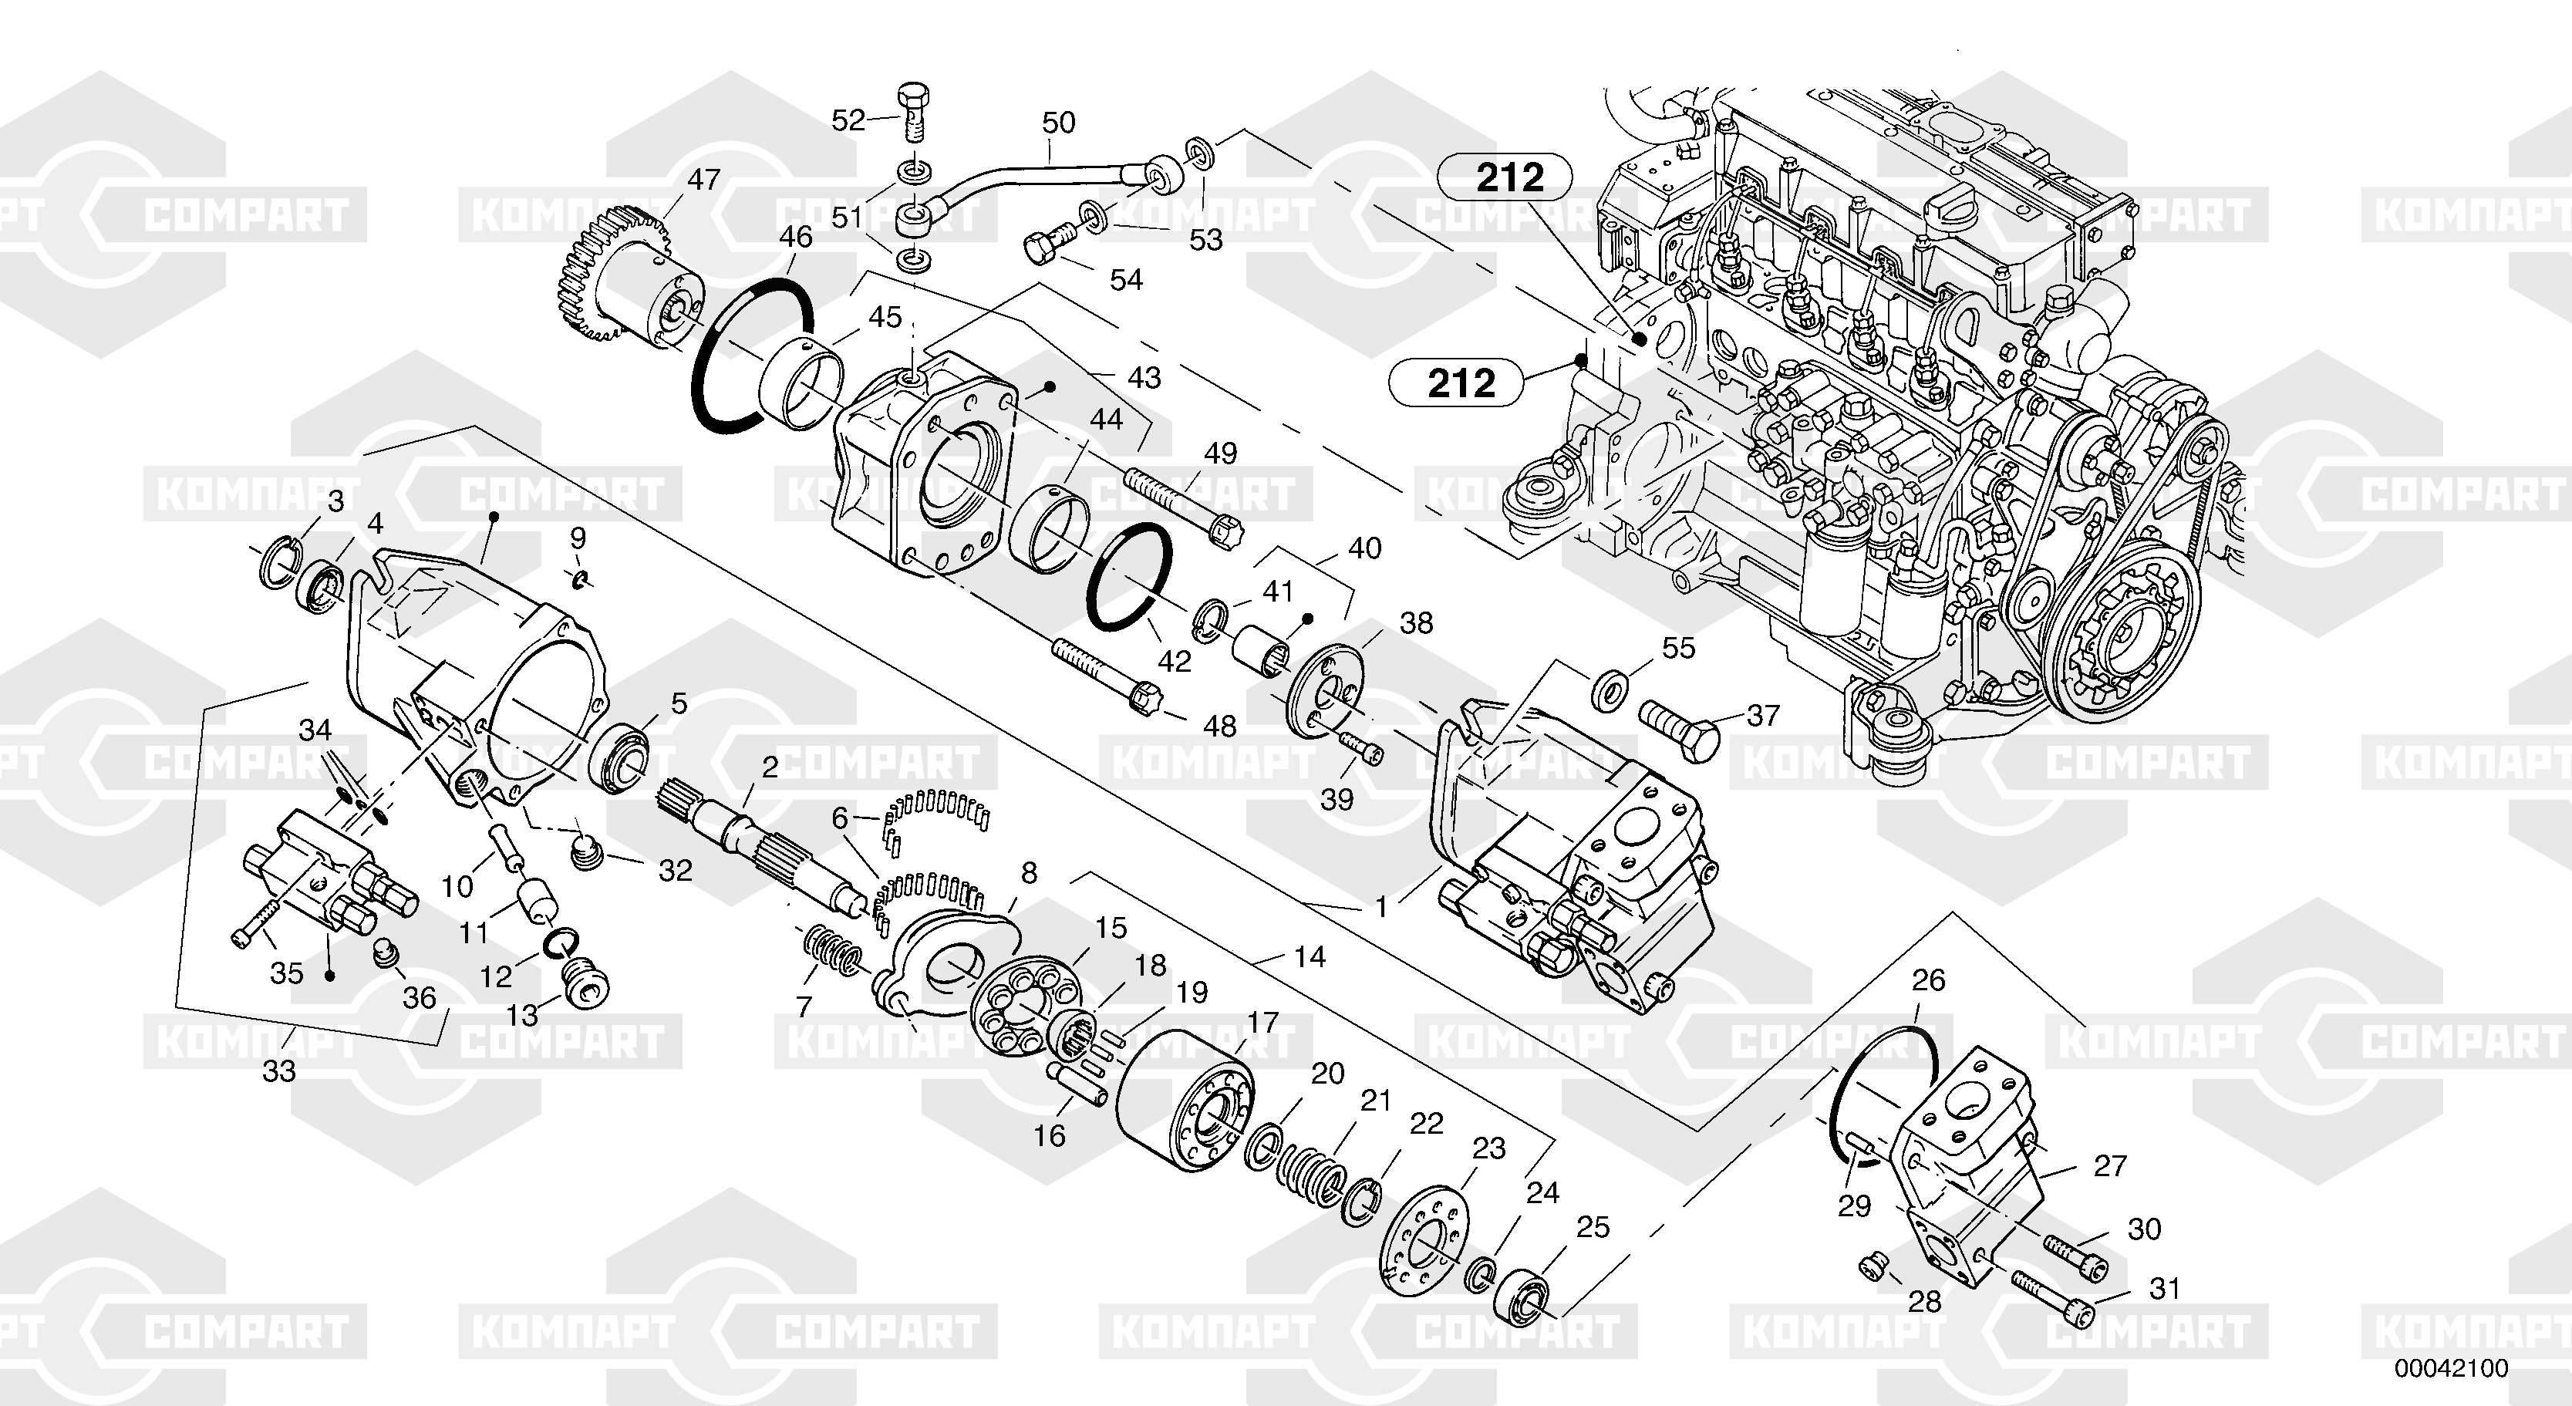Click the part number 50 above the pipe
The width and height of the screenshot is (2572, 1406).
pyautogui.click(x=1058, y=123)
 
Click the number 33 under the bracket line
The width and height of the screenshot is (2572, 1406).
pyautogui.click(x=279, y=1071)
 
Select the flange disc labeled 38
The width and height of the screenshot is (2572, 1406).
pyautogui.click(x=1325, y=692)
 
